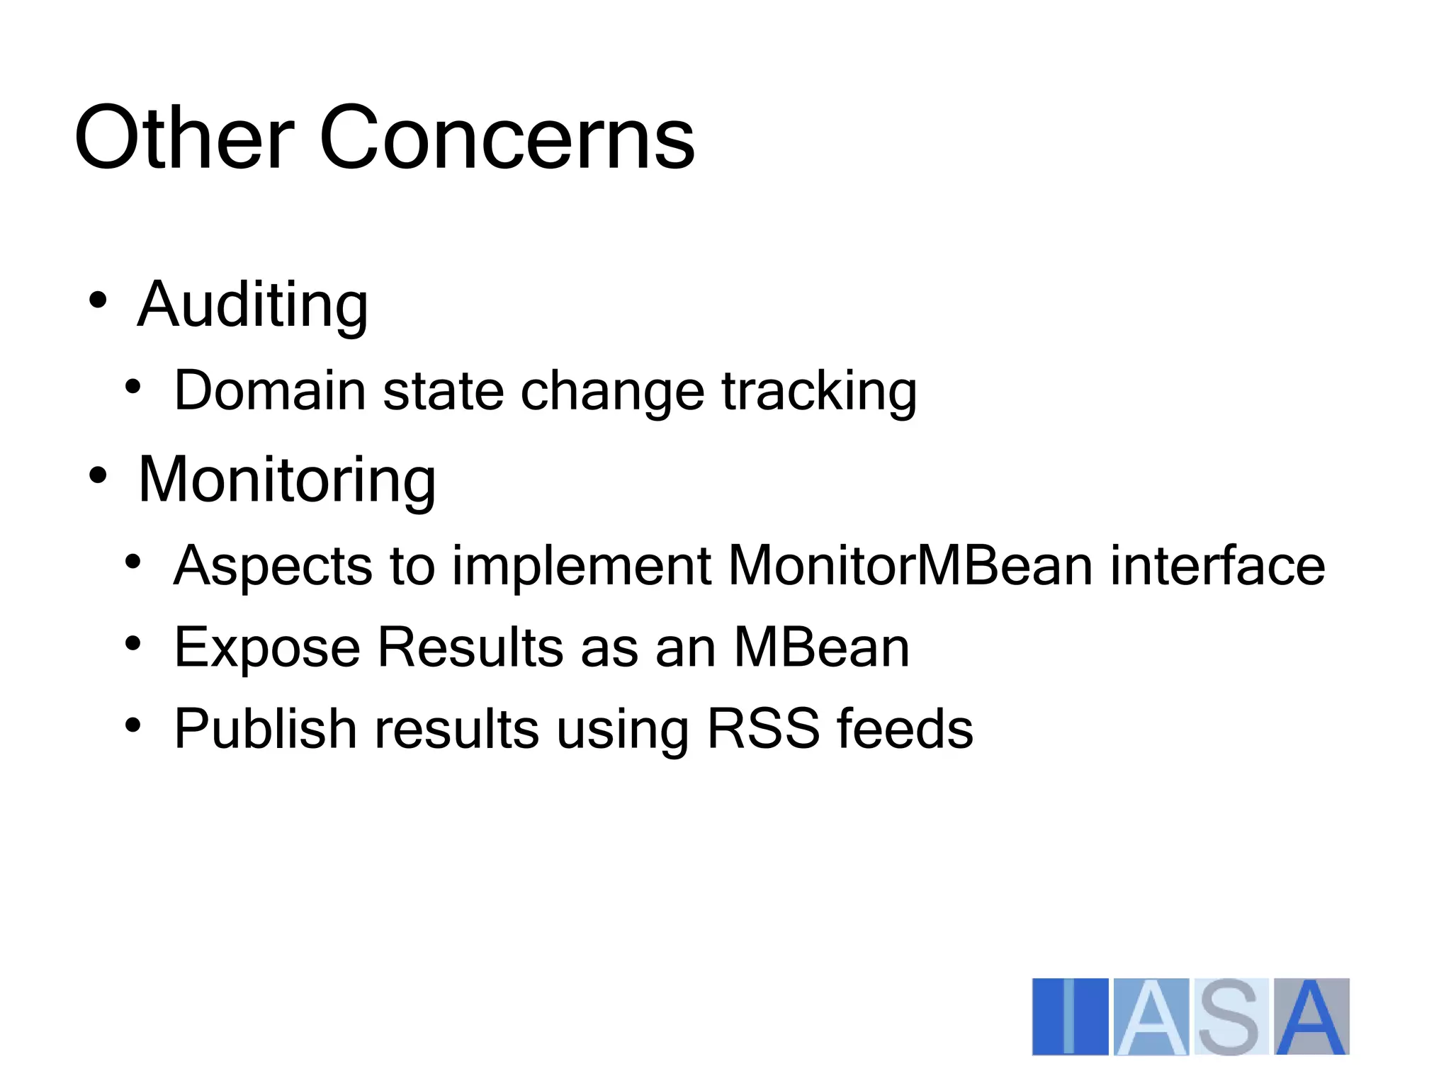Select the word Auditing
pyautogui.click(x=252, y=306)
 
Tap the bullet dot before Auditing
pyautogui.click(x=98, y=300)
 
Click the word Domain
pyautogui.click(x=270, y=391)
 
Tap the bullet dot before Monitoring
pyautogui.click(x=98, y=475)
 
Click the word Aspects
pyautogui.click(x=273, y=567)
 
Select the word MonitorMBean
pyautogui.click(x=910, y=566)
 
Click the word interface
pyautogui.click(x=1217, y=566)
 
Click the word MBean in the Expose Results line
pyautogui.click(x=821, y=647)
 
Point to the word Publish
pyautogui.click(x=266, y=730)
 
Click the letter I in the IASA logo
pyautogui.click(x=1070, y=1016)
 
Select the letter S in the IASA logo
pyautogui.click(x=1230, y=1016)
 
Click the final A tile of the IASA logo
pyautogui.click(x=1311, y=1016)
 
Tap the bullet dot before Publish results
pyautogui.click(x=132, y=725)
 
